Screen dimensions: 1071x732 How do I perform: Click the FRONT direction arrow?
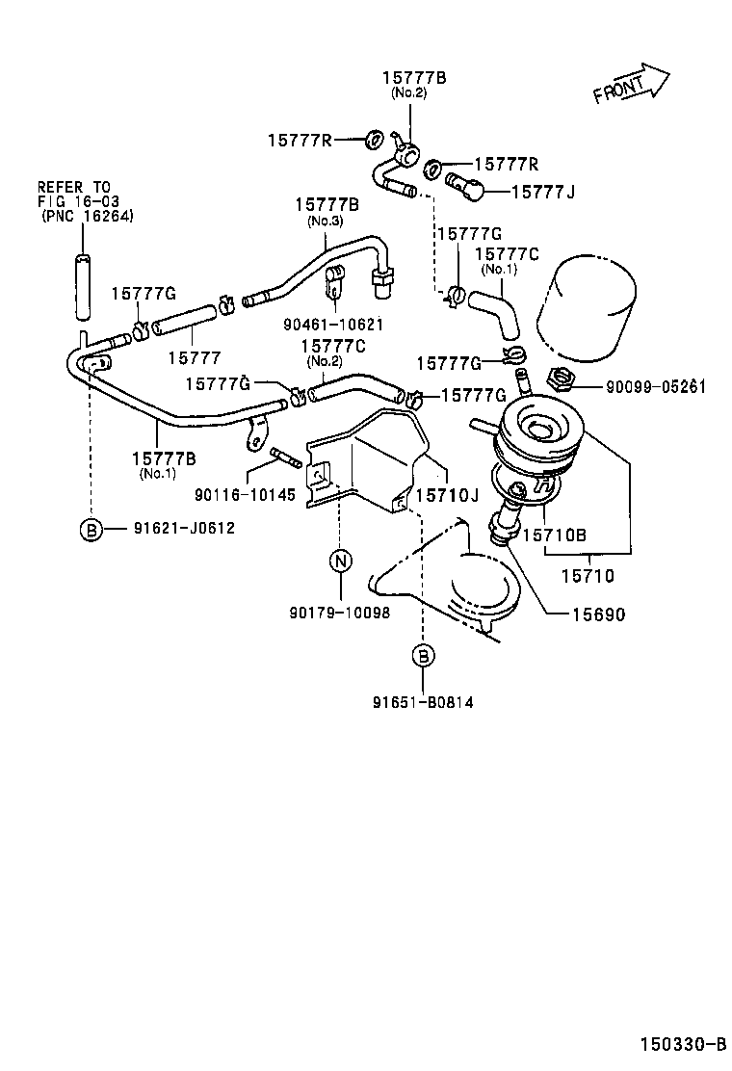631,84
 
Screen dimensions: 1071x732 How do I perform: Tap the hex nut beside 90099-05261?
561,378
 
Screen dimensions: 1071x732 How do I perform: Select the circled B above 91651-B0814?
422,656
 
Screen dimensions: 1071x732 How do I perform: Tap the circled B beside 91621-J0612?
91,529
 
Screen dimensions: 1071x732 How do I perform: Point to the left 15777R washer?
375,141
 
